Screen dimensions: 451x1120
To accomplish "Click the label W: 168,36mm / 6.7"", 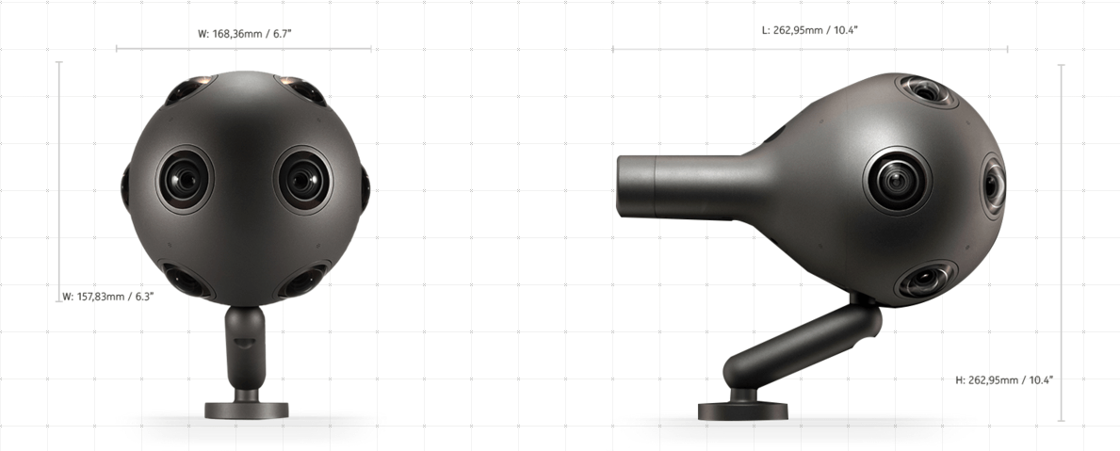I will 244,34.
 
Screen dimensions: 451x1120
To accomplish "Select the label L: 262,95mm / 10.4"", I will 809,30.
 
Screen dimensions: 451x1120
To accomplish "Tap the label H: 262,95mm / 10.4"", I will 1004,379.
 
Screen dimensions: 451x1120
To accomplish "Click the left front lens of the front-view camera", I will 182,179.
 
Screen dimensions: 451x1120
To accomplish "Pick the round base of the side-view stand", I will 742,411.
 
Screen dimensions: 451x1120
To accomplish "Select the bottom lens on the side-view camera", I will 924,281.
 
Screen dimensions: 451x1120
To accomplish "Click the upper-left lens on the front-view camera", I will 185,90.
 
